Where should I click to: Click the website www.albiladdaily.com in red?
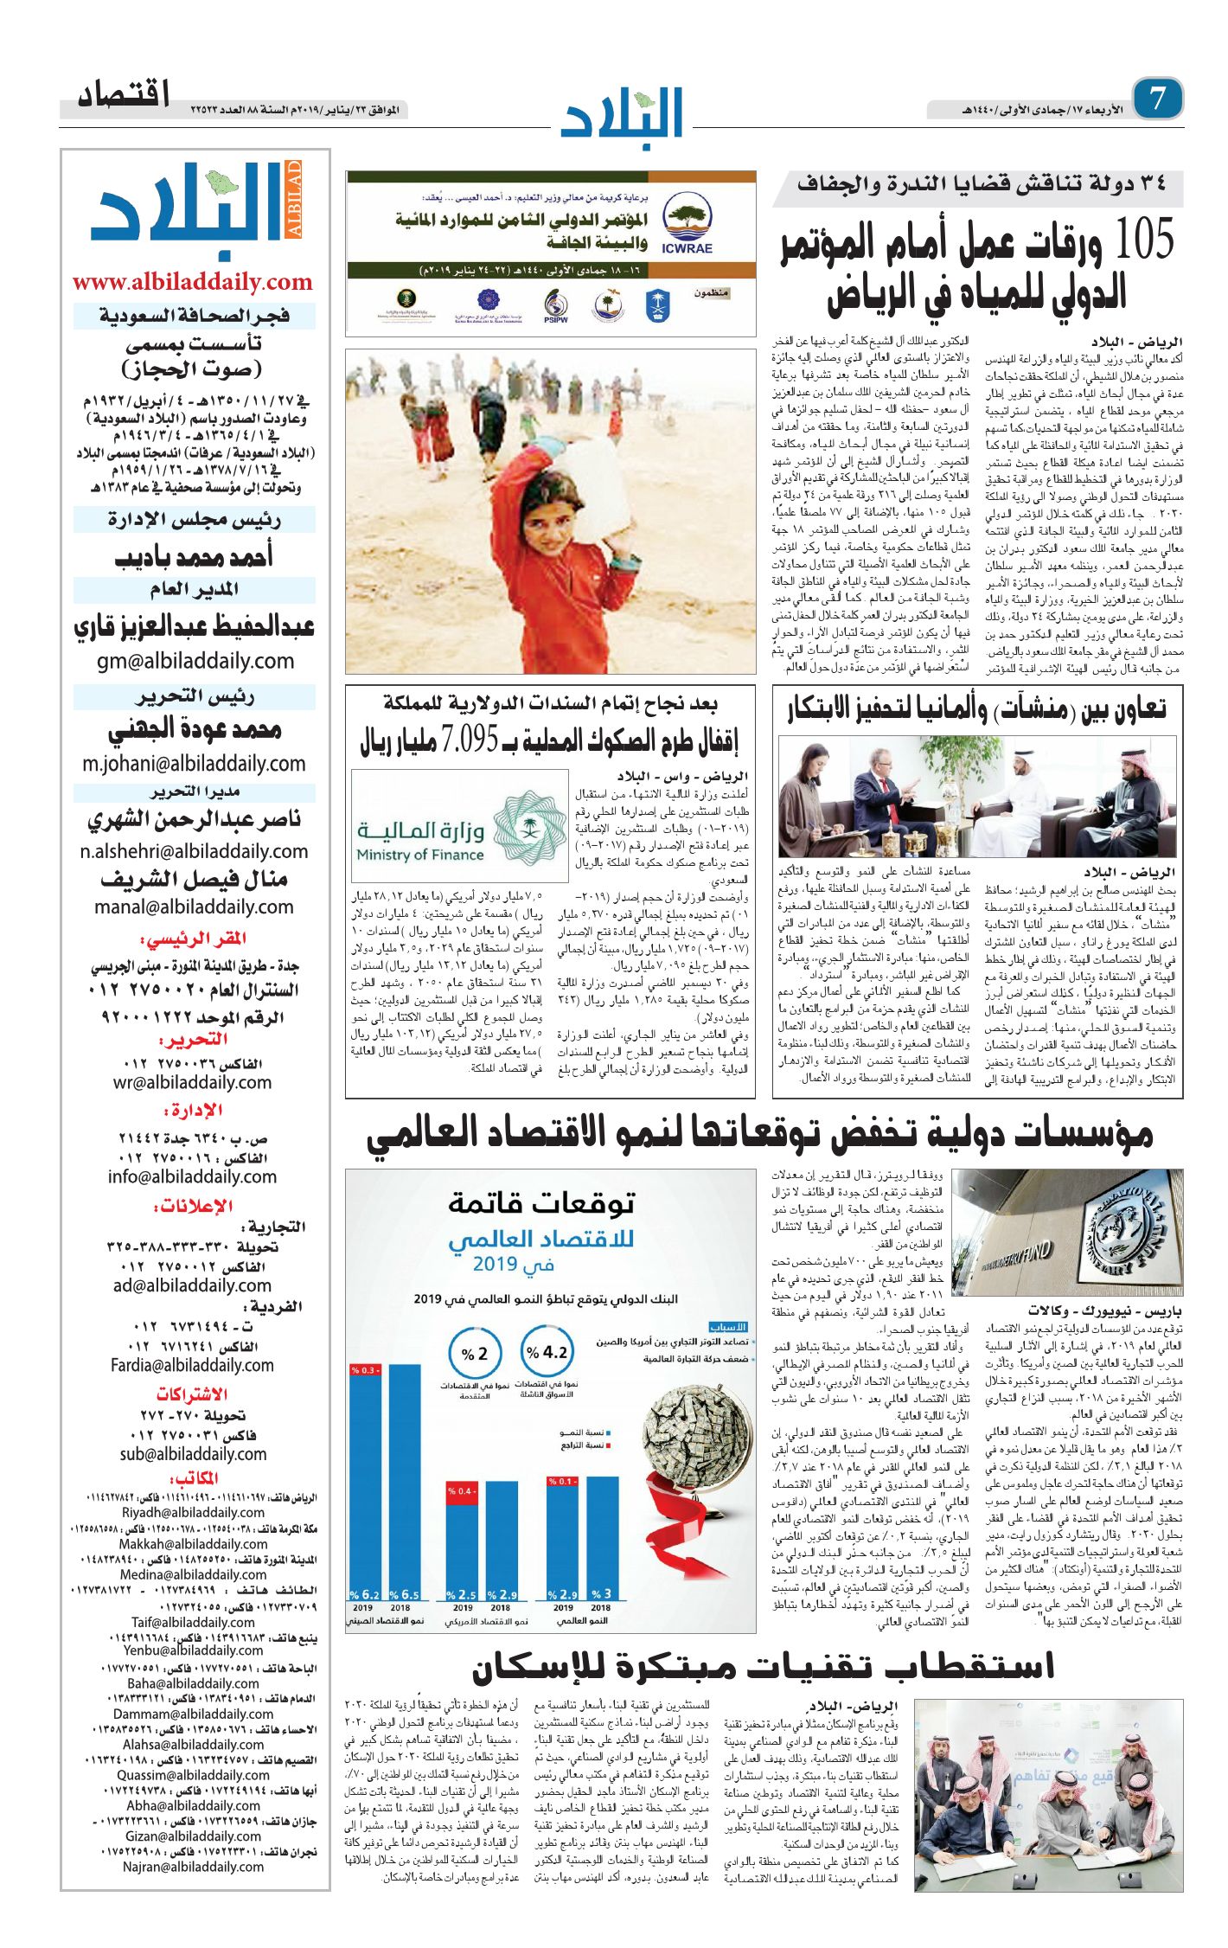click(192, 282)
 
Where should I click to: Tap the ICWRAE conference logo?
click(687, 222)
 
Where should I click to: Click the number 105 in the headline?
click(1143, 239)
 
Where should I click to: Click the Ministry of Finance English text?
click(419, 855)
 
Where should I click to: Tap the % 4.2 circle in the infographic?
click(547, 1352)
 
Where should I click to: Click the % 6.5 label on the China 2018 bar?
click(404, 1594)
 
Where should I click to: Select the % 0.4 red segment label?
click(462, 1490)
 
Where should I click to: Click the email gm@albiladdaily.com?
click(195, 661)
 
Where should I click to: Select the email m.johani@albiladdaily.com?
click(194, 764)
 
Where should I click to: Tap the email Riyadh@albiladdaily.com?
click(193, 1512)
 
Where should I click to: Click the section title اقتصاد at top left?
click(124, 95)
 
